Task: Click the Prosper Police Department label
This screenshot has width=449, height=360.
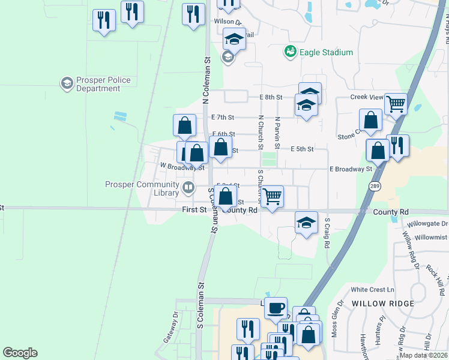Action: point(95,85)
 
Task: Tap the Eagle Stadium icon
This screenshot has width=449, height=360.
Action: point(291,52)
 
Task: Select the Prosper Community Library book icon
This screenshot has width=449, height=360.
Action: point(188,189)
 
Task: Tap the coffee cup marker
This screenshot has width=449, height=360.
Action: point(276,308)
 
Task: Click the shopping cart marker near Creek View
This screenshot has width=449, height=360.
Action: point(396,104)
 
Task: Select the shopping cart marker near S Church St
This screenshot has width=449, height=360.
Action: point(273,196)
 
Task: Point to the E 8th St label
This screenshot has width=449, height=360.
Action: point(271,97)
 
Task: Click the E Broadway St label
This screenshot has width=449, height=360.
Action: point(351,169)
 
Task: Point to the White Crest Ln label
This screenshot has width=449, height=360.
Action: point(372,289)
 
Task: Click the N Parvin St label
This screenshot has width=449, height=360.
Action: point(277,133)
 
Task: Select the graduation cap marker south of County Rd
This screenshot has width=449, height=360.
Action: point(306,223)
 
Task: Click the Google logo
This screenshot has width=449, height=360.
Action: point(20,353)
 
